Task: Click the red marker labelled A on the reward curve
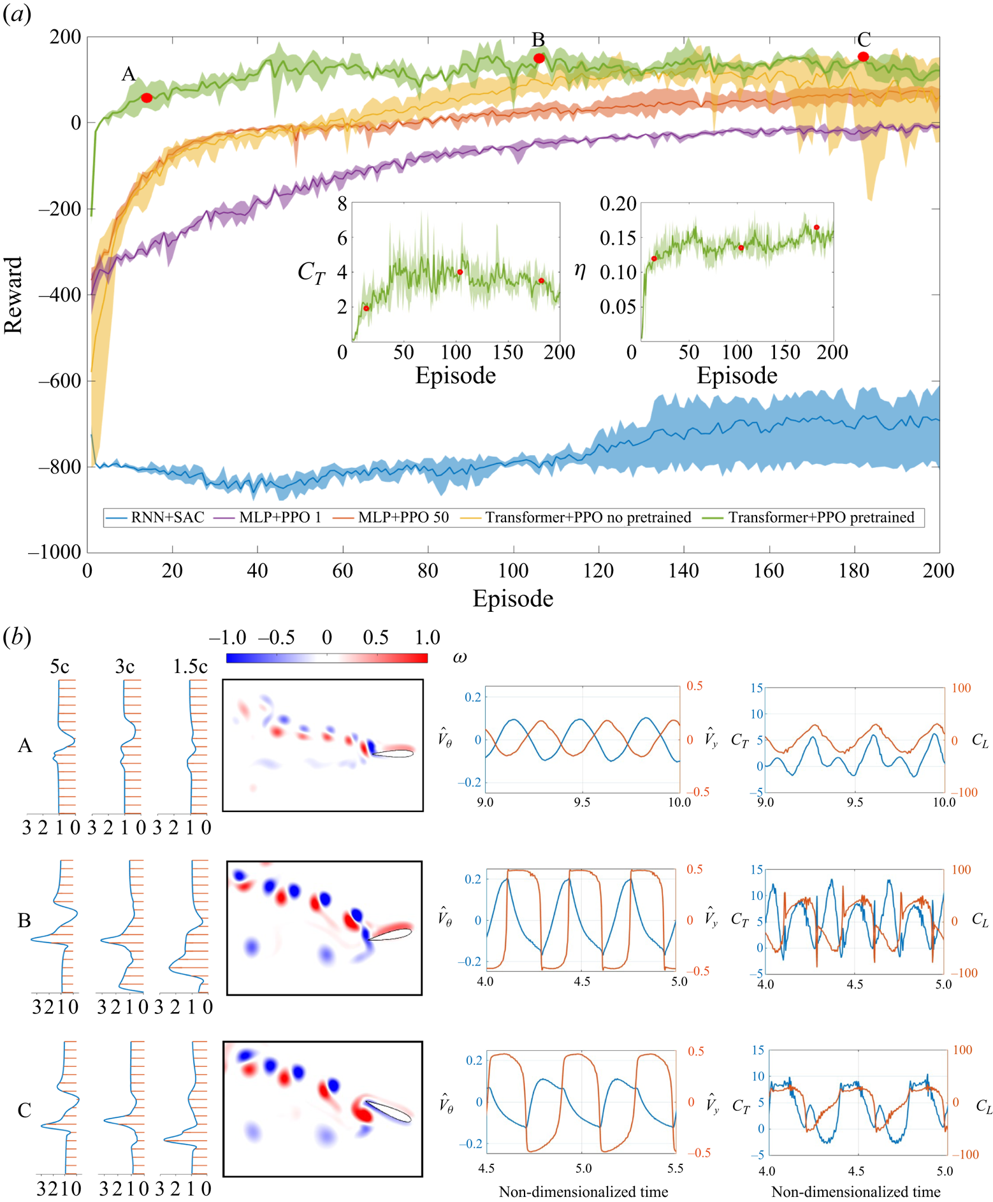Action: click(147, 98)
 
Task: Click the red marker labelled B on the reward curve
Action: click(539, 58)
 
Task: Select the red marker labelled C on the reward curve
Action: click(863, 57)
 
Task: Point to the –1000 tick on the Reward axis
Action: click(55, 552)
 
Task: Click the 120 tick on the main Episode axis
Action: click(598, 570)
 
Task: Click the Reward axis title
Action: click(13, 294)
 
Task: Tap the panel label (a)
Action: click(17, 14)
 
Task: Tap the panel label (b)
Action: click(17, 637)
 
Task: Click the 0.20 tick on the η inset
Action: click(618, 204)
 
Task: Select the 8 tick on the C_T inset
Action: click(342, 204)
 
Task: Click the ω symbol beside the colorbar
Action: click(460, 657)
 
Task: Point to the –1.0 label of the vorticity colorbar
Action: click(227, 637)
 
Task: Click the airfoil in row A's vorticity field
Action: click(393, 753)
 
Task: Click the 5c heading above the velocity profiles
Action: click(59, 667)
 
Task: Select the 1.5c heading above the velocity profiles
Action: click(190, 667)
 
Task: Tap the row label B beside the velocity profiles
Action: click(24, 920)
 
